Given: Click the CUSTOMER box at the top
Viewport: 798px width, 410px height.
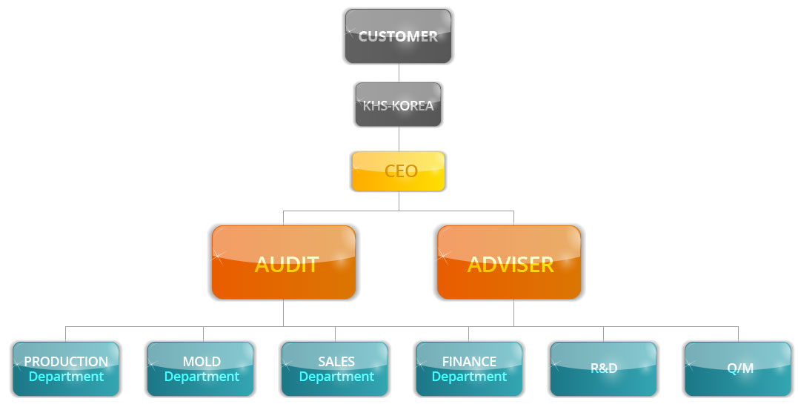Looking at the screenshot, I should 398,36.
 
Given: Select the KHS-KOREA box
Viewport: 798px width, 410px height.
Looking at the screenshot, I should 398,105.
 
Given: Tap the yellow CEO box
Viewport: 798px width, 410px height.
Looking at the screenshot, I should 398,171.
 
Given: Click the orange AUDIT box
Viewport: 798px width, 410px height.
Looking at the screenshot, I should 284,262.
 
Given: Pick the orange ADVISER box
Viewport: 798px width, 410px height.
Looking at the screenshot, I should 509,262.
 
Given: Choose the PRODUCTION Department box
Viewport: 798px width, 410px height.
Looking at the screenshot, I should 66,368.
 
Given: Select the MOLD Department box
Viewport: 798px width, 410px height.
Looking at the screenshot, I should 201,368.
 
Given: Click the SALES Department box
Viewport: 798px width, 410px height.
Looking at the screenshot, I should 335,368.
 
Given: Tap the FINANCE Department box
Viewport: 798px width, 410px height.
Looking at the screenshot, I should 469,368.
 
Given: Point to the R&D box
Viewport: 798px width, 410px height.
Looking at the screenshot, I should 603,368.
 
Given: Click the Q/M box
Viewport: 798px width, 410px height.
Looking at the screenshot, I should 738,368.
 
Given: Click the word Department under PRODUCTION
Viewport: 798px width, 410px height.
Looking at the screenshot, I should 66,377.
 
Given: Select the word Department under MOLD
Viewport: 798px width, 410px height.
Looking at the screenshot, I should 202,377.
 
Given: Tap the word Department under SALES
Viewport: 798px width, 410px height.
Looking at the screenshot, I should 336,377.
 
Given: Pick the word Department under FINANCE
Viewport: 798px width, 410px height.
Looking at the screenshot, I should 469,377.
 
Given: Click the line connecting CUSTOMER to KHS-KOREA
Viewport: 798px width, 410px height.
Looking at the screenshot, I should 399,73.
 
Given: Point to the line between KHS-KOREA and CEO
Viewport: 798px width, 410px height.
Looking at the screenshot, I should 399,139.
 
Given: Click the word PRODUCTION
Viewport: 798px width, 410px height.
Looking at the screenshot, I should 66,362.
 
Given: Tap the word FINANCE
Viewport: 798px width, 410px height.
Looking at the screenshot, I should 469,362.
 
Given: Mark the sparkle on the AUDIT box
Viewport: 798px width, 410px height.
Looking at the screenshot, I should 219,257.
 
